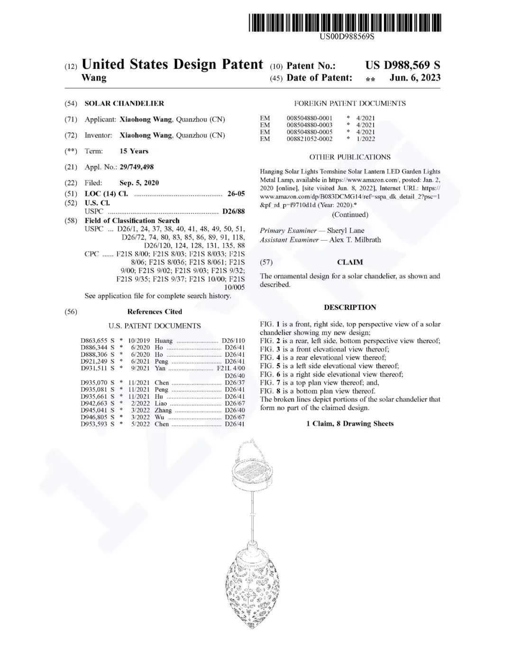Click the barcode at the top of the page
(344, 23)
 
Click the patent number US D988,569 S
(402, 65)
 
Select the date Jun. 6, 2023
(415, 78)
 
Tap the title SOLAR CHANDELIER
(124, 103)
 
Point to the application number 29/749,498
(137, 167)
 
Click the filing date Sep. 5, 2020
(139, 183)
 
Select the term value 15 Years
(134, 151)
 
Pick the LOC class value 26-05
(236, 194)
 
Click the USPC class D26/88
(233, 211)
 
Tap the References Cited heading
(155, 312)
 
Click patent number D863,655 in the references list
(94, 341)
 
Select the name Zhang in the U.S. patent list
(163, 410)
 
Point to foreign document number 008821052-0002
(310, 139)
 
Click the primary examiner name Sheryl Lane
(346, 231)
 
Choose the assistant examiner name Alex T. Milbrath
(355, 240)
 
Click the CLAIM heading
(350, 262)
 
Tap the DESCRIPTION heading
(350, 308)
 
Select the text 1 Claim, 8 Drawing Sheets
(350, 424)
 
